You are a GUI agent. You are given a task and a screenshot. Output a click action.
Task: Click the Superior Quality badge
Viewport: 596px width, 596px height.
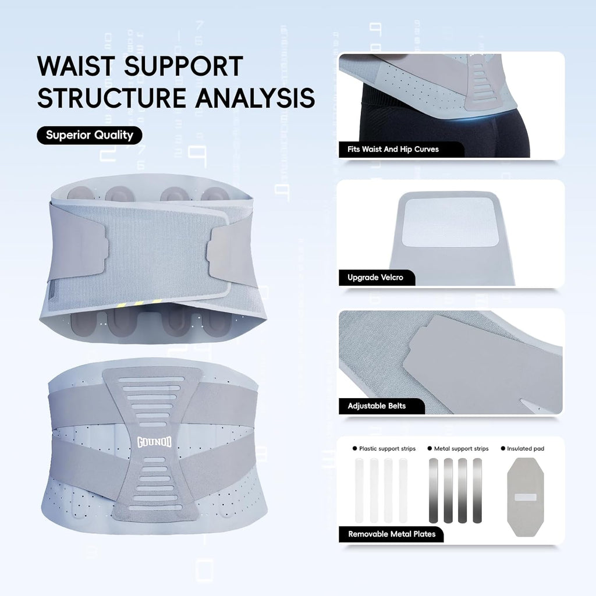pyautogui.click(x=89, y=135)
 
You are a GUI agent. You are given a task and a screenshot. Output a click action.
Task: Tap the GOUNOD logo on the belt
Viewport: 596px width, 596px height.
pyautogui.click(x=154, y=442)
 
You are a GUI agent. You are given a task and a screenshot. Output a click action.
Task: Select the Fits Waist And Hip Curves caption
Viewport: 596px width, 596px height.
pyautogui.click(x=393, y=150)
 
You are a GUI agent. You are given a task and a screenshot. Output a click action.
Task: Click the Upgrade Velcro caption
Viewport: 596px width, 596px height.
pyautogui.click(x=375, y=278)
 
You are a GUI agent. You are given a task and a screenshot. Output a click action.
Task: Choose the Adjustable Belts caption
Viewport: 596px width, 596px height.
pyautogui.click(x=377, y=406)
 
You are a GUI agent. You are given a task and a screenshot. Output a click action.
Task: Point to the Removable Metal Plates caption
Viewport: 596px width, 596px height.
pyautogui.click(x=392, y=534)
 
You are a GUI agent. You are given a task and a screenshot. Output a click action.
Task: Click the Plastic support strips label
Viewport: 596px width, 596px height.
pyautogui.click(x=387, y=449)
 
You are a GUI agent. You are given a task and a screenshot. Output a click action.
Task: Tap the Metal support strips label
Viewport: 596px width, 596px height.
pyautogui.click(x=461, y=449)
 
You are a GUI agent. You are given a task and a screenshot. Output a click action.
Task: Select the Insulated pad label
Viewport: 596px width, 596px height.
pyautogui.click(x=526, y=449)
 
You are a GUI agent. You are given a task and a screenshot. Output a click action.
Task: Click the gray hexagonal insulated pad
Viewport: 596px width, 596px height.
pyautogui.click(x=526, y=497)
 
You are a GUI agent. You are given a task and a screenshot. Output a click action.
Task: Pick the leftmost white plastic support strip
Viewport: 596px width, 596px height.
pyautogui.click(x=359, y=490)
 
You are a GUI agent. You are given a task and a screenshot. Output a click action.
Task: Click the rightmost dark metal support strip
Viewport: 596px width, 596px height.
pyautogui.click(x=477, y=490)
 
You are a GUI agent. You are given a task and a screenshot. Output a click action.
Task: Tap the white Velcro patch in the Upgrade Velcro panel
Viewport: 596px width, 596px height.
pyautogui.click(x=450, y=222)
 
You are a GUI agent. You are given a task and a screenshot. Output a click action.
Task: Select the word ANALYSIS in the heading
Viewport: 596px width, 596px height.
pyautogui.click(x=255, y=98)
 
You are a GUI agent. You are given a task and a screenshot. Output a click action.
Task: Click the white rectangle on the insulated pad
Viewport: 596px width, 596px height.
pyautogui.click(x=526, y=497)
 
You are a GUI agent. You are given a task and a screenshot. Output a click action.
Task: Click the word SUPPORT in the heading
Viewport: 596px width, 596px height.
pyautogui.click(x=183, y=66)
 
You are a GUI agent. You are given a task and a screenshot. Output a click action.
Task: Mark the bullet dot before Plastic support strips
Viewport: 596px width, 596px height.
pyautogui.click(x=354, y=449)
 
